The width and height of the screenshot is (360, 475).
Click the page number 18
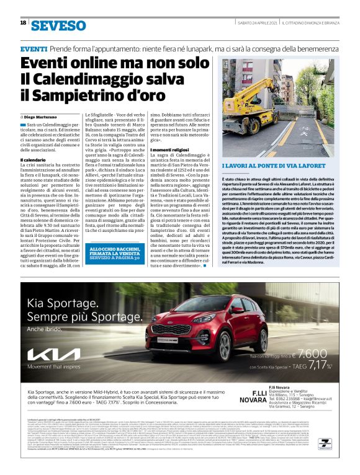click(x=23, y=23)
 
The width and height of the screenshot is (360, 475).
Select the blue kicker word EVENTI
click(x=34, y=48)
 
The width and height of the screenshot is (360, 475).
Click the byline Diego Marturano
click(x=48, y=117)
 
